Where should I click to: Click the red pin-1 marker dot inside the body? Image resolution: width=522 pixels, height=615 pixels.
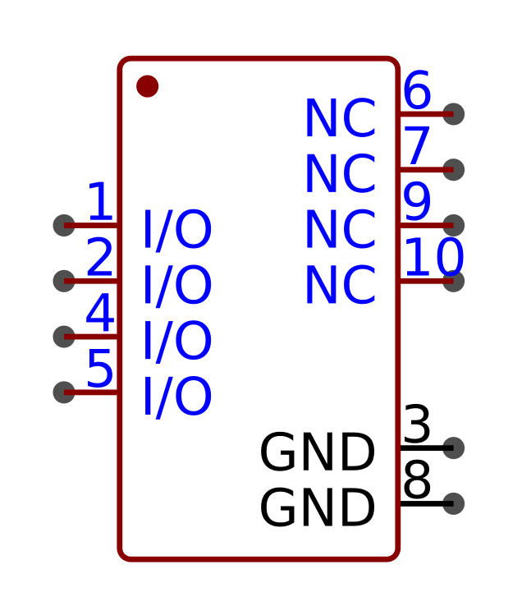148,86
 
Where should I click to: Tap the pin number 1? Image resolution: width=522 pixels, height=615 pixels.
101,201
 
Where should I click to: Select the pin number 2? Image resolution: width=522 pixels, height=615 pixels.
100,257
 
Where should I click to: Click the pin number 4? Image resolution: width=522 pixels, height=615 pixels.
100,313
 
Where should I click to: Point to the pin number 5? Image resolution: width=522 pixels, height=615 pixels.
100,369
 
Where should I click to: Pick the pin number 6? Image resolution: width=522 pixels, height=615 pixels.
417,90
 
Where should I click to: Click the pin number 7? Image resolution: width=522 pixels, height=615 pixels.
417,146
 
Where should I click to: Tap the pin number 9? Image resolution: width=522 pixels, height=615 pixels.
417,202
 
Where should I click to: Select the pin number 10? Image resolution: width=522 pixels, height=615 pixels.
434,257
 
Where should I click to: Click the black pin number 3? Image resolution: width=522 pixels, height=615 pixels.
417,425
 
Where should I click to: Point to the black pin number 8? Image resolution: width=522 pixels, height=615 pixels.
417,480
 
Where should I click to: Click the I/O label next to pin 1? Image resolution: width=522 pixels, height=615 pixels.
177,229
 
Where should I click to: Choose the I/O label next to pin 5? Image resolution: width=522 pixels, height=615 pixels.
177,397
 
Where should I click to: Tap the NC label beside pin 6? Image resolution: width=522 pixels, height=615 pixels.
341,118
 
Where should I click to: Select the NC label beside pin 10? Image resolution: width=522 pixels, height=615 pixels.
341,285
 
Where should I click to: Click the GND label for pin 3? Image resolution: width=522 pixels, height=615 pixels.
318,452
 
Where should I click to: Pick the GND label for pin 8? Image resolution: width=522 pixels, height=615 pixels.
318,508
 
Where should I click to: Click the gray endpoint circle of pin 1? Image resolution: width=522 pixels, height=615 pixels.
64,226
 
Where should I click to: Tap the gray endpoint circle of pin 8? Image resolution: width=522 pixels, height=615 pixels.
453,503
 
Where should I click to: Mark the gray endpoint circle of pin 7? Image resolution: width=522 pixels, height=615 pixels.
453,170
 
